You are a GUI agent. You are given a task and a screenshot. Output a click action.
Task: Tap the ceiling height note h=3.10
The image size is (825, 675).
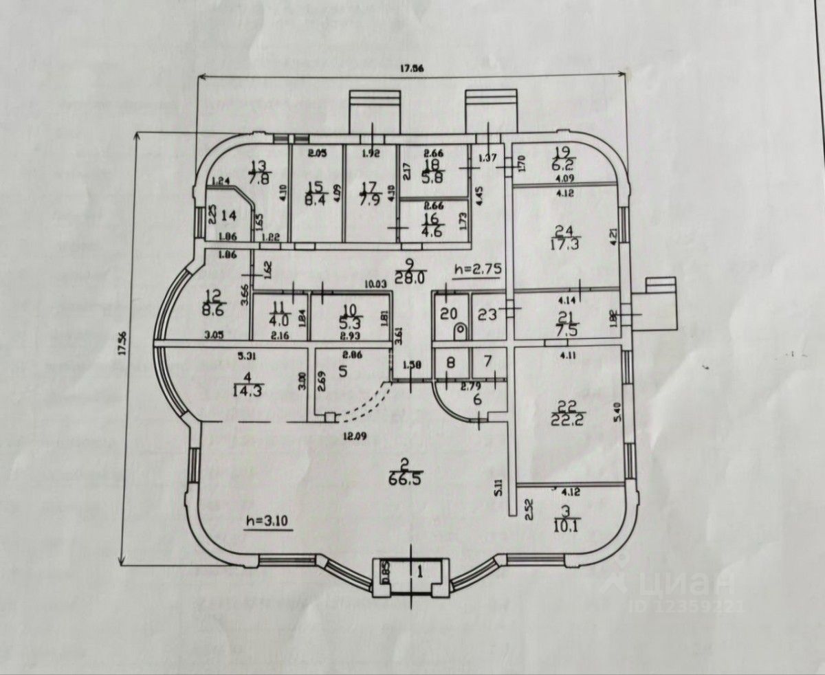270,522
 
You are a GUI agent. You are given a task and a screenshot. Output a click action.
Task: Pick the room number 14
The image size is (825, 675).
229,215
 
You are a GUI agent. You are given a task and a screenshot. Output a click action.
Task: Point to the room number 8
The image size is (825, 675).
451,361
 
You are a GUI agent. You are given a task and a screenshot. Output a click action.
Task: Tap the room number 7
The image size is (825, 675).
487,361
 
